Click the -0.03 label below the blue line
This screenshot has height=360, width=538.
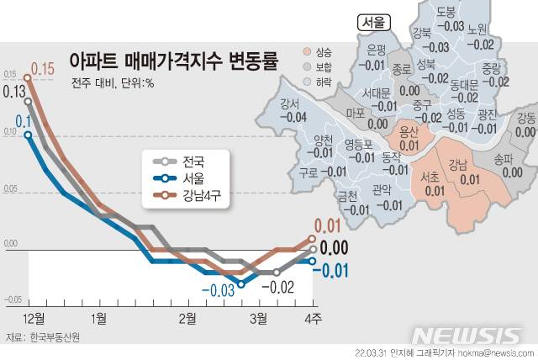(x=217, y=291)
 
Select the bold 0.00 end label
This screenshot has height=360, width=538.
(x=335, y=248)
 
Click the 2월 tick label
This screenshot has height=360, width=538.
(x=187, y=317)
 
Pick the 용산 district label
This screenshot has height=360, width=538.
(x=409, y=131)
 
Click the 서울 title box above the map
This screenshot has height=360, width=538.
(x=373, y=23)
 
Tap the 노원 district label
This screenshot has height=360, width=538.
(x=482, y=30)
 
